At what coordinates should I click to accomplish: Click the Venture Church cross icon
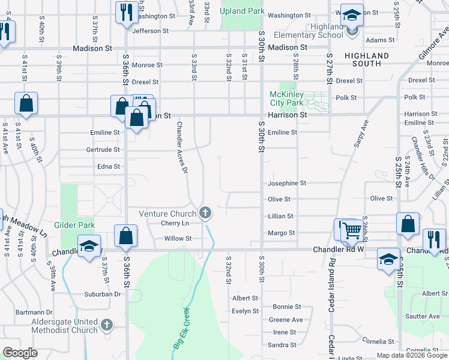click(205, 213)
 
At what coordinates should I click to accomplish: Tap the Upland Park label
click(242, 11)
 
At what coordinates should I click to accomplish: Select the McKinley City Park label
click(287, 98)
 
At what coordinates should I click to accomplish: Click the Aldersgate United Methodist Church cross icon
click(107, 325)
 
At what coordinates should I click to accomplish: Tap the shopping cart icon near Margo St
click(352, 229)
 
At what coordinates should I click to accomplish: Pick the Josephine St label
click(287, 183)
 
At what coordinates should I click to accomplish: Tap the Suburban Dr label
click(102, 294)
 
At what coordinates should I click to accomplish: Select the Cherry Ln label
click(175, 223)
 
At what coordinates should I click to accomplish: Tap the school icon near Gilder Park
click(89, 247)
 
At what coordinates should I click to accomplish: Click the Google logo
click(20, 353)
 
